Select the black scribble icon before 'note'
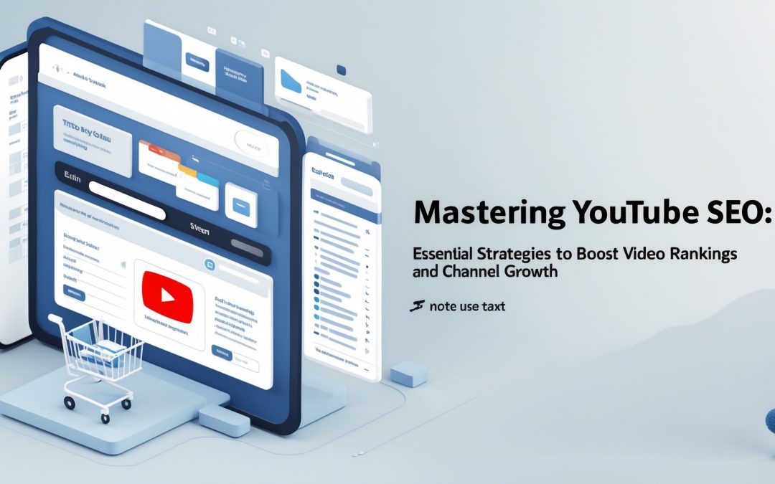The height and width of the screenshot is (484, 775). click(416, 306)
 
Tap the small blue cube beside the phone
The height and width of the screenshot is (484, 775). click(409, 373)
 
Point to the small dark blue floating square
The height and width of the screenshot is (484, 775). click(341, 70)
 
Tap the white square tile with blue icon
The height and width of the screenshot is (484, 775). click(240, 200)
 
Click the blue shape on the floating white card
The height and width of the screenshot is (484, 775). click(291, 80)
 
